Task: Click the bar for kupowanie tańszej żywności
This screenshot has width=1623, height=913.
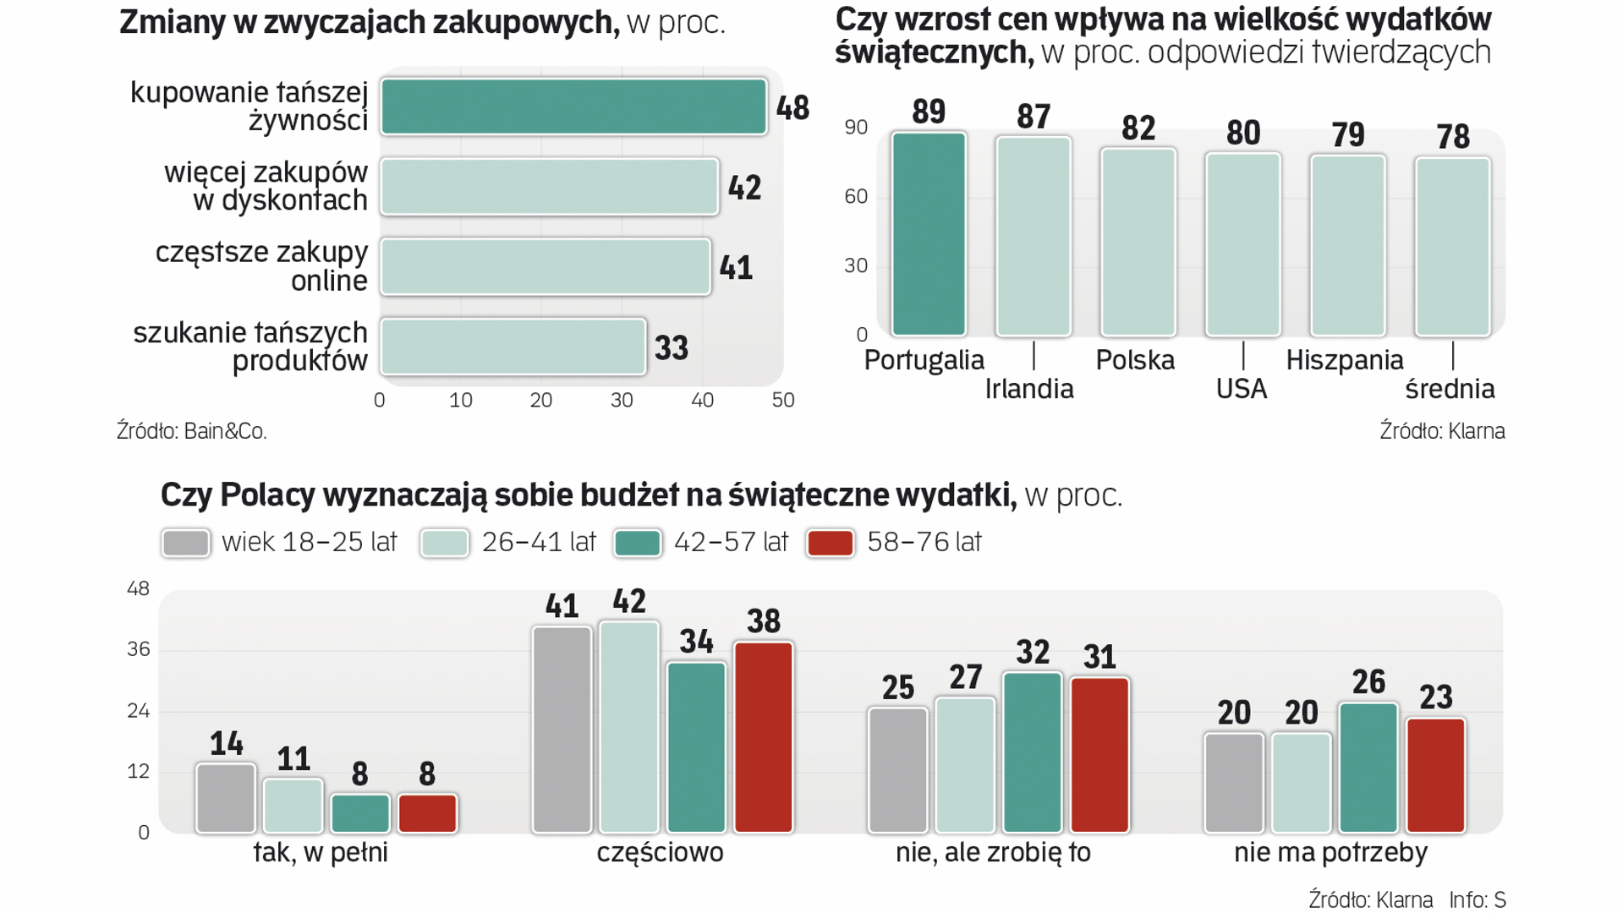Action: point(573,107)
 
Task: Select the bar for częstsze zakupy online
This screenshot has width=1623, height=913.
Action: point(546,267)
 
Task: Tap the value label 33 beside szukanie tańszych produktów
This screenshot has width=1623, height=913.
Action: point(672,348)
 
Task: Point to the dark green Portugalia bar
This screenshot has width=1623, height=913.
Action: point(928,234)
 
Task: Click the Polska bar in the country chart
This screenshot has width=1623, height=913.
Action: point(1138,242)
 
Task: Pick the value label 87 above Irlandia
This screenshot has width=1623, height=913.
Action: point(1034,117)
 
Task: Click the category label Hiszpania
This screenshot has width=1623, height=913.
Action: point(1344,361)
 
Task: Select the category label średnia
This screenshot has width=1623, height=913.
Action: point(1450,390)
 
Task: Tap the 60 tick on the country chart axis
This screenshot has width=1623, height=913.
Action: point(856,197)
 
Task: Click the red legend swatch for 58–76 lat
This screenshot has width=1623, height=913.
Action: point(830,543)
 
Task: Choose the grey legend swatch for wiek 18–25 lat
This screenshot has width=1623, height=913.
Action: point(186,543)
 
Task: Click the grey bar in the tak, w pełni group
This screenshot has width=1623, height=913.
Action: point(226,798)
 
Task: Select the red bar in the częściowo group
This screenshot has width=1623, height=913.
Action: point(764,737)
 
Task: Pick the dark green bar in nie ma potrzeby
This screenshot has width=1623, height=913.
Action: point(1368,768)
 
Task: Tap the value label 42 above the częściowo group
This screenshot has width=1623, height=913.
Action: point(629,602)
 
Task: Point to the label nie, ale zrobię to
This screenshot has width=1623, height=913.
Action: point(993,853)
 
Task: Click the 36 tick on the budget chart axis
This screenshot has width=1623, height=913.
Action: point(139,649)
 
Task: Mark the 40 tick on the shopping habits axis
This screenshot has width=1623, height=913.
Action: point(702,401)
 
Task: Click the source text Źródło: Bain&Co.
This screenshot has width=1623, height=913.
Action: point(192,431)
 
